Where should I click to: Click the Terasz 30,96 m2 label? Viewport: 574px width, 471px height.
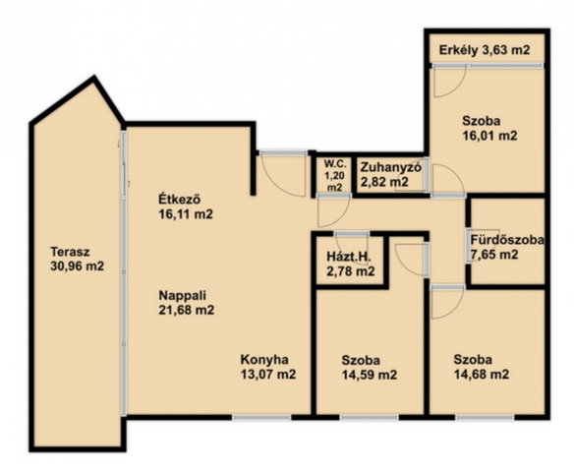coord(78,259)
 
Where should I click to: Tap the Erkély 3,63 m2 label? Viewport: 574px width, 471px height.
coord(485,50)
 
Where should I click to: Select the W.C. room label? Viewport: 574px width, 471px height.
coord(334,175)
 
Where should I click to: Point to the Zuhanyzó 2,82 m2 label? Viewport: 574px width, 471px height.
coord(391,174)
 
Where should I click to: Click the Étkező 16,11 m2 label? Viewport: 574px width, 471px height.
coord(186,206)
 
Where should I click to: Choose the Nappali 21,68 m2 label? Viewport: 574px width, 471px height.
coord(187,303)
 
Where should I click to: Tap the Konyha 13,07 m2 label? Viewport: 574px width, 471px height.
coord(268,367)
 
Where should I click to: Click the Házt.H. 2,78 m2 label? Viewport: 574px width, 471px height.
coord(350,265)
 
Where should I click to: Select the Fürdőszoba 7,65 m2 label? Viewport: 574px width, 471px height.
coord(506,247)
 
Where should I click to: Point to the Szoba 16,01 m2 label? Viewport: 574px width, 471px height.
coord(489,128)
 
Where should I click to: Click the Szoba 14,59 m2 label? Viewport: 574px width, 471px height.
coord(369,368)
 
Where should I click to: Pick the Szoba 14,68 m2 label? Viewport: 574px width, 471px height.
coord(482,367)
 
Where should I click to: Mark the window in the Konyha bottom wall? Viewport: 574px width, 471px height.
coord(261,417)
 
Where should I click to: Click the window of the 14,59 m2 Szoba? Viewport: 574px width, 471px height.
coord(370,417)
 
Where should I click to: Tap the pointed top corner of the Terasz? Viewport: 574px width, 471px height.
coord(94,78)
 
